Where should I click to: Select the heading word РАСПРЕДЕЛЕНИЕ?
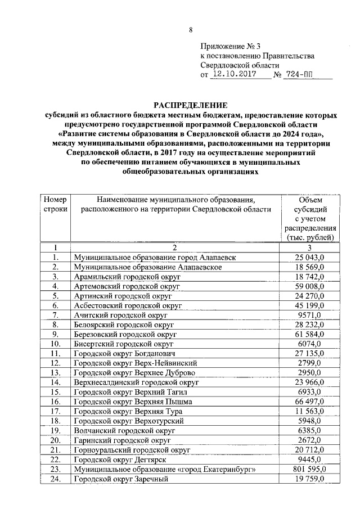point(191,105)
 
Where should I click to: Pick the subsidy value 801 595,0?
point(310,469)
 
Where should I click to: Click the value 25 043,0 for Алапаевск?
point(310,257)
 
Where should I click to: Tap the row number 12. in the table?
point(55,363)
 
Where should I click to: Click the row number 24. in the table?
point(55,479)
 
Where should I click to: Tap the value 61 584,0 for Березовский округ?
point(310,334)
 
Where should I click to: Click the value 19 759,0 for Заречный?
point(310,479)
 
